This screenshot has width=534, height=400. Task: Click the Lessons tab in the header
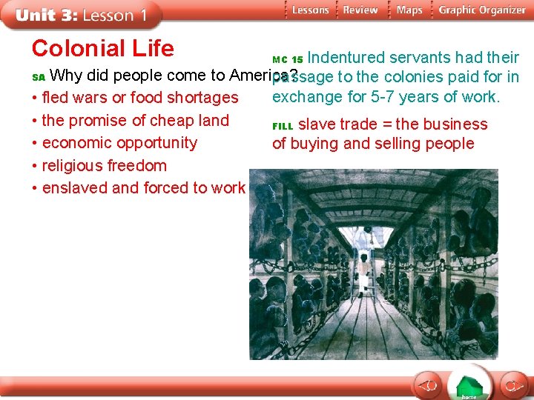309,10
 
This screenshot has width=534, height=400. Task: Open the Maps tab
409,10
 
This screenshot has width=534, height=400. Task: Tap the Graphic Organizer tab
481,10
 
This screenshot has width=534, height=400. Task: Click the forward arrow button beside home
512,385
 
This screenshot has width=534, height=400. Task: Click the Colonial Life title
102,49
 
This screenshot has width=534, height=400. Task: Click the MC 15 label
288,59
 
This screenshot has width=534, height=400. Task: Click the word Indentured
346,58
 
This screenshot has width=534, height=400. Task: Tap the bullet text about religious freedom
104,165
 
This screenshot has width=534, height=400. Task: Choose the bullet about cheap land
135,120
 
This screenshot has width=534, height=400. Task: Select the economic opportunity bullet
119,143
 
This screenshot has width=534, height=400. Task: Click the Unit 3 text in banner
45,15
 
